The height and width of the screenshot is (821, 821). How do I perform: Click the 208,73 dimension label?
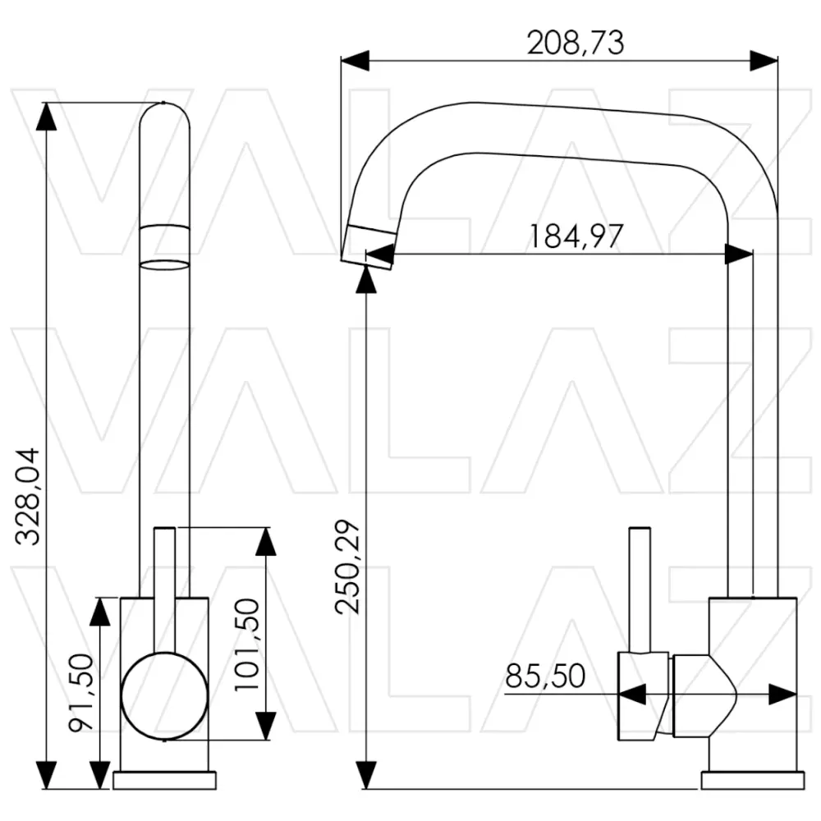pyautogui.click(x=576, y=43)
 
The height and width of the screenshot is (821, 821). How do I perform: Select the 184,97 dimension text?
pyautogui.click(x=576, y=236)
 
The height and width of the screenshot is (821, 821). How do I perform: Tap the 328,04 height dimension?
pyautogui.click(x=27, y=497)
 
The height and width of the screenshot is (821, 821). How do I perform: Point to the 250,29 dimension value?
pyautogui.click(x=348, y=566)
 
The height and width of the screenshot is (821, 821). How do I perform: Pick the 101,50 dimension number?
pyautogui.click(x=246, y=645)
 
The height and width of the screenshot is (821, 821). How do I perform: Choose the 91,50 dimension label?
pyautogui.click(x=81, y=693)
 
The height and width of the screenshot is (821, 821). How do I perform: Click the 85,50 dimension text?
pyautogui.click(x=545, y=676)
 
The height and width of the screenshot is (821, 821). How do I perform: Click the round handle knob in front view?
pyautogui.click(x=164, y=696)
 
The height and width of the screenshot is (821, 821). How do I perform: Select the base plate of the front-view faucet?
pyautogui.click(x=164, y=780)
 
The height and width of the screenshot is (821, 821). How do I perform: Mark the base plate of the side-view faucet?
pyautogui.click(x=753, y=780)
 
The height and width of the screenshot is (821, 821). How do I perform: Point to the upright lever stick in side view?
pyautogui.click(x=640, y=590)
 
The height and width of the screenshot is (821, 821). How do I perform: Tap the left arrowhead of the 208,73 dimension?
pyautogui.click(x=355, y=61)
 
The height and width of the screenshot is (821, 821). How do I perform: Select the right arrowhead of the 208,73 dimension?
pyautogui.click(x=764, y=61)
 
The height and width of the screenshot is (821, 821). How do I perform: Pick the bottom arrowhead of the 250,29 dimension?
pyautogui.click(x=366, y=775)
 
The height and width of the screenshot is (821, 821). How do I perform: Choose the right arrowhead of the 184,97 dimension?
pyautogui.click(x=739, y=255)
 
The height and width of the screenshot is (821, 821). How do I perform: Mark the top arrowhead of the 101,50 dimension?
pyautogui.click(x=265, y=541)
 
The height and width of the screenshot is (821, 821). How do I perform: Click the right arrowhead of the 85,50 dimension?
pyautogui.click(x=782, y=695)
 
